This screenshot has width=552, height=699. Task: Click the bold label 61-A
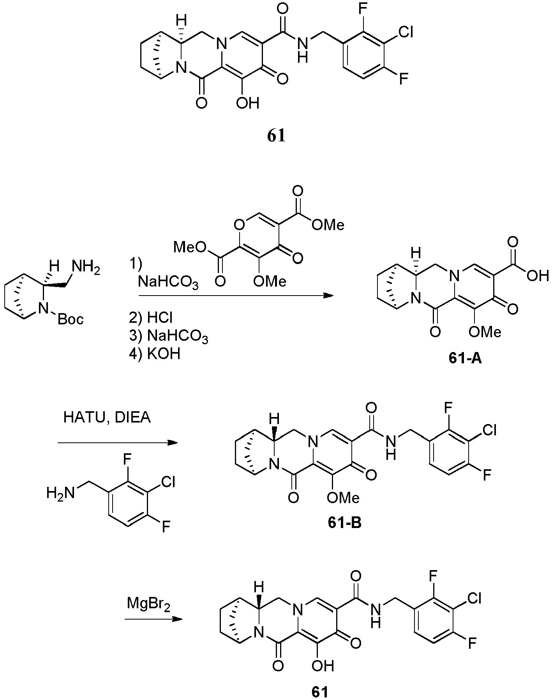(465, 358)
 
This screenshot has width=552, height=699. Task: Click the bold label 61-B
(344, 522)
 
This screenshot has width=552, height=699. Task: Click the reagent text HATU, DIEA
(107, 418)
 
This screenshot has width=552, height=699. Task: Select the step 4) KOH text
(155, 354)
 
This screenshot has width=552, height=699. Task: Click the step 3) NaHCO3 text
(169, 337)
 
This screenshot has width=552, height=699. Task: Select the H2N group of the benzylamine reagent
(60, 493)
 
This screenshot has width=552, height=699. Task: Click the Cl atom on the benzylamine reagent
(168, 482)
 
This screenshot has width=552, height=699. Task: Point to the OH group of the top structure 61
(247, 103)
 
